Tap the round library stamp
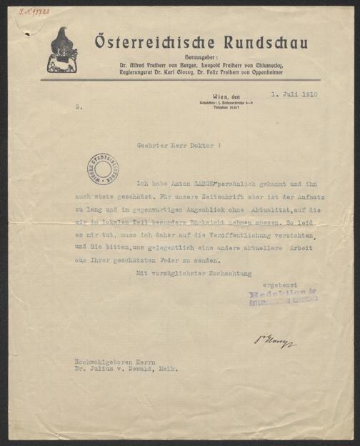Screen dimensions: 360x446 (x=104, y=169)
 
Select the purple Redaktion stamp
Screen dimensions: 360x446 (x=282, y=297)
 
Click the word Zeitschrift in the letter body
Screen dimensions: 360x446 (x=244, y=194)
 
